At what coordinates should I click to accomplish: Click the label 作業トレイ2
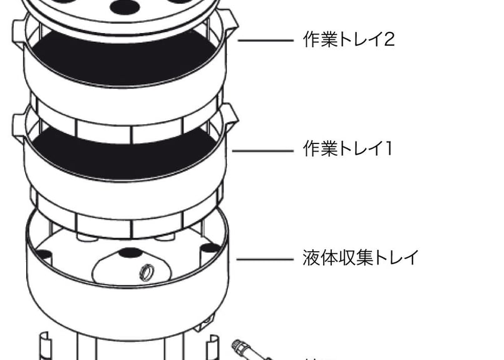click(x=349, y=40)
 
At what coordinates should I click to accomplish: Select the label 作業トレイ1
click(x=347, y=149)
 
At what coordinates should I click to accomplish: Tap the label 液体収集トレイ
click(x=360, y=258)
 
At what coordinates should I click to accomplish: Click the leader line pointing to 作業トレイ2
click(x=265, y=41)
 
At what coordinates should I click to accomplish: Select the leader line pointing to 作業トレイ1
click(x=263, y=150)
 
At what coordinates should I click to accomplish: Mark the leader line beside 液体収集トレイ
click(x=265, y=259)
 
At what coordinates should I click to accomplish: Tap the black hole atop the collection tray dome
click(x=130, y=254)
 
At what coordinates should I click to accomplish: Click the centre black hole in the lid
click(x=125, y=7)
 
